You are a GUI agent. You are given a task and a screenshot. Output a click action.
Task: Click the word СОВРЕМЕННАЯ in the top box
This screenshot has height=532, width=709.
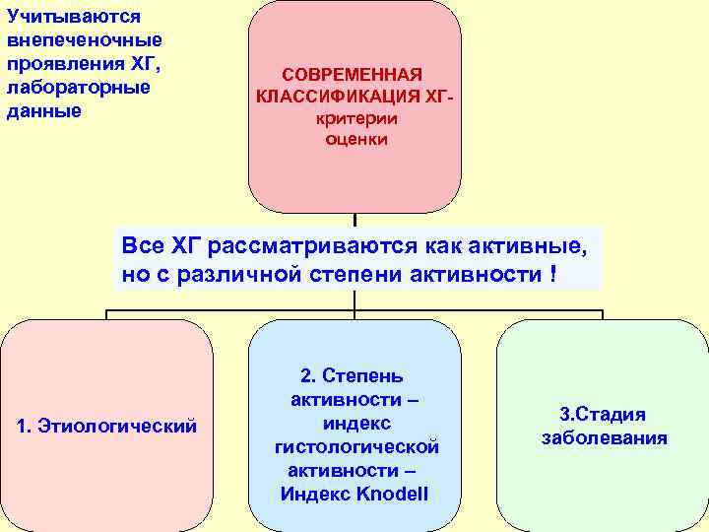353,75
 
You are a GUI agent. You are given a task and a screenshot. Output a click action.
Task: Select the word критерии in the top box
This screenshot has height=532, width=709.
356,118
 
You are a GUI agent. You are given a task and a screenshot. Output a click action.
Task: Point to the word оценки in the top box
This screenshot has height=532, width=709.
356,139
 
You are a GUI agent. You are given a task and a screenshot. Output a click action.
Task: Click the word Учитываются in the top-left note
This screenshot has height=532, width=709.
74,17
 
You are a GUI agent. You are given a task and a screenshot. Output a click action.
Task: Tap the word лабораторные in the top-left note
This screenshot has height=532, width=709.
79,88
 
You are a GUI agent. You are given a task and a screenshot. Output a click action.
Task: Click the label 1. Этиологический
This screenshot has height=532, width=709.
107,427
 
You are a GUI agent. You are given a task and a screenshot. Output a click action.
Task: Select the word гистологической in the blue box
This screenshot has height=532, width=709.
356,446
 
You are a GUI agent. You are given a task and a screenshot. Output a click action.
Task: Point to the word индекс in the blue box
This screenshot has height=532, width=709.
357,423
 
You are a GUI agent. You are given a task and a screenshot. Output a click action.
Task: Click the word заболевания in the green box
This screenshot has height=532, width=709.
605,438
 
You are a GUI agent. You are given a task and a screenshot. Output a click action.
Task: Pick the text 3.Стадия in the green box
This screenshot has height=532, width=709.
603,414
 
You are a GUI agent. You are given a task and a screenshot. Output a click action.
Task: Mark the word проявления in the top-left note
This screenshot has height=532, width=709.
66,64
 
